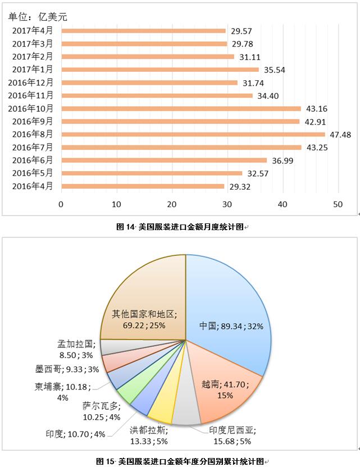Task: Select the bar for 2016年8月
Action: coord(193,134)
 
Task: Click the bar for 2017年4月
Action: coord(143,31)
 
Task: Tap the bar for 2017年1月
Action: coord(160,70)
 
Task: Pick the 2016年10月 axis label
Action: coord(32,108)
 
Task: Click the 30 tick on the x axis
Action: coord(227,204)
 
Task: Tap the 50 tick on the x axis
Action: coord(338,204)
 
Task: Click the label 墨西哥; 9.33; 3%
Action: coord(58,369)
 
